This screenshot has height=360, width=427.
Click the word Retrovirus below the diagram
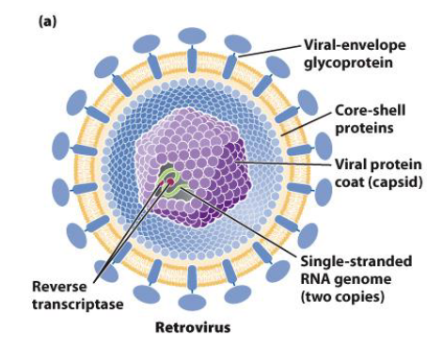coord(191,328)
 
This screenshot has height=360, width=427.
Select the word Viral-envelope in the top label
coord(347,44)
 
